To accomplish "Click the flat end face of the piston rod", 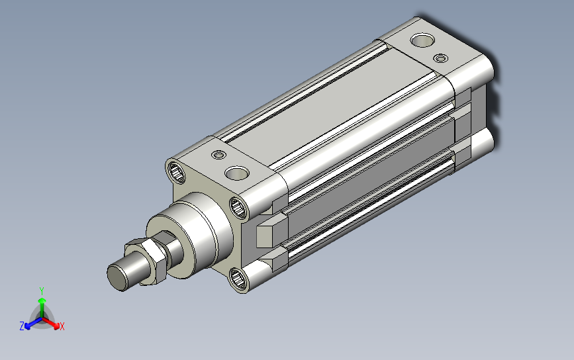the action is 117,277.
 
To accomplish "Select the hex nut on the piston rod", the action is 146,261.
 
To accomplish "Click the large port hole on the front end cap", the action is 237,173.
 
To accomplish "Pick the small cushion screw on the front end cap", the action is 219,155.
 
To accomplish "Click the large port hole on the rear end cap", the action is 422,40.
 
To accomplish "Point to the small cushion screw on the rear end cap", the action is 441,58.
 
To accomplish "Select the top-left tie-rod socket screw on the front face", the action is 177,172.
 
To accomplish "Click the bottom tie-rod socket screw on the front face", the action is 238,279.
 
